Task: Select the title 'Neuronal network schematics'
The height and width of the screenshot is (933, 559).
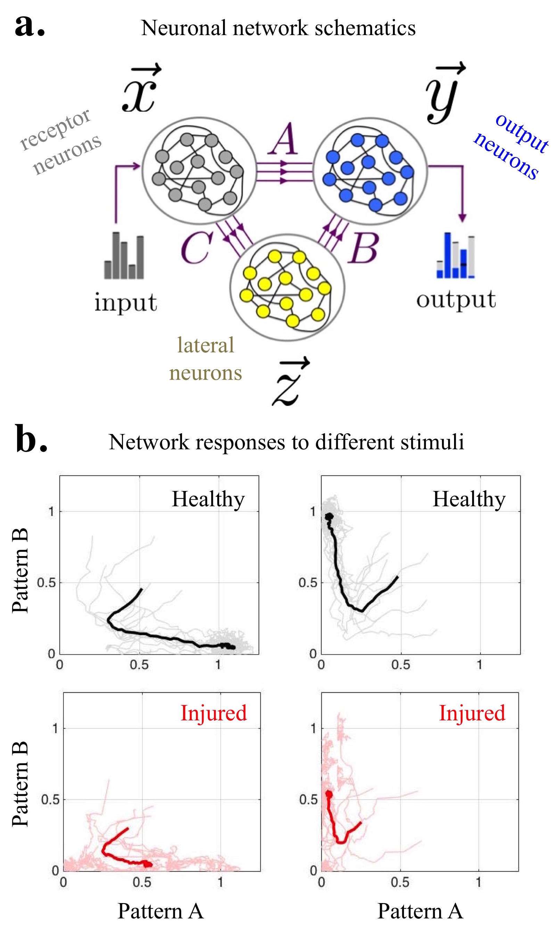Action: (278, 28)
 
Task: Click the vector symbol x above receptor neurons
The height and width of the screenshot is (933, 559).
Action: (140, 90)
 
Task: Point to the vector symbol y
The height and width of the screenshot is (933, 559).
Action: (444, 94)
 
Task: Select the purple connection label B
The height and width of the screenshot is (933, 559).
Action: (363, 247)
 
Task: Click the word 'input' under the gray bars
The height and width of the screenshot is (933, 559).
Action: (125, 302)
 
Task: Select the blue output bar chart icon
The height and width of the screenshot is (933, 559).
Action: (455, 256)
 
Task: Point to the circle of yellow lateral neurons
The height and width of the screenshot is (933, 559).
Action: (287, 288)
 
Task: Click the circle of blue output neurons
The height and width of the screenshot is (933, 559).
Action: (370, 171)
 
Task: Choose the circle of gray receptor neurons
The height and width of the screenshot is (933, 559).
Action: (199, 171)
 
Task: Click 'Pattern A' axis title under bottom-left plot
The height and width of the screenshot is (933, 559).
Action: (161, 911)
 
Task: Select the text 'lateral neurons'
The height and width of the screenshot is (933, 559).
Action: (205, 359)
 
